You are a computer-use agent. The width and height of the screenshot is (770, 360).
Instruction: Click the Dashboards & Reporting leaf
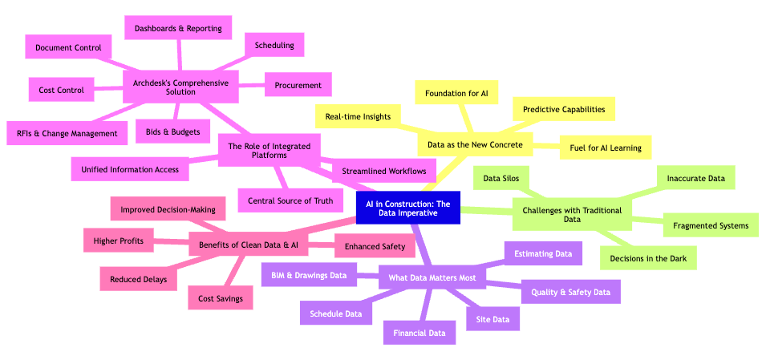point(178,28)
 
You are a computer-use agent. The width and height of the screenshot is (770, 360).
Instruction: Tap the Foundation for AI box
point(456,94)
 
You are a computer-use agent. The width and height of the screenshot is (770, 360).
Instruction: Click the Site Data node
point(492,319)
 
